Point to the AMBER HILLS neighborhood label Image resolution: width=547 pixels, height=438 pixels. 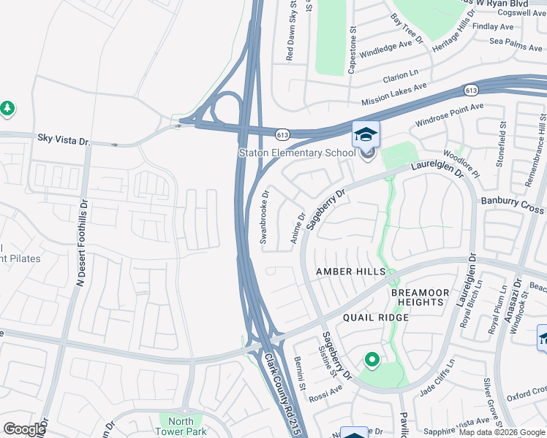point(350,272)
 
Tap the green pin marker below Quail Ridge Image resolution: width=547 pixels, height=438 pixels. point(371,359)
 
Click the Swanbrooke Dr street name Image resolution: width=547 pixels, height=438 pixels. point(265,217)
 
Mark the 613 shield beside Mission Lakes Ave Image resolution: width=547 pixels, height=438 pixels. point(471,90)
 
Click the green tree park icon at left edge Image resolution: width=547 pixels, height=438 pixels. point(7,109)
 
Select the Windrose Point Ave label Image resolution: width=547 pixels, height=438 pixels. point(450,115)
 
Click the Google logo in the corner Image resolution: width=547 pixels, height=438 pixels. point(24,429)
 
